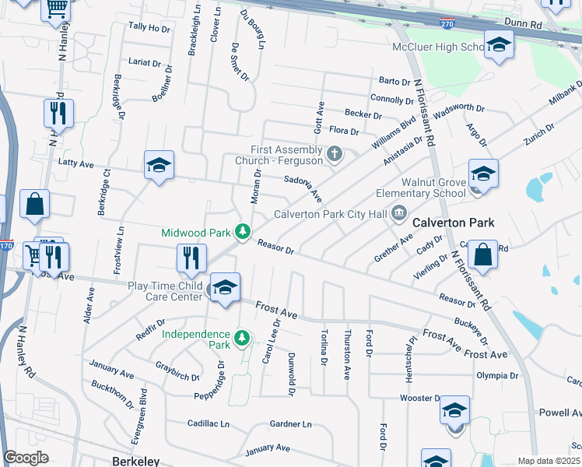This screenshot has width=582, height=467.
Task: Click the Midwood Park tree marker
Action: click(x=244, y=232)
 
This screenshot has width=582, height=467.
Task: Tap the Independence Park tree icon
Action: click(x=243, y=338)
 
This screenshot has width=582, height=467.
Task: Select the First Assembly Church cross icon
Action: click(x=335, y=153)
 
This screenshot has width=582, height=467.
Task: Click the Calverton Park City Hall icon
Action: click(x=399, y=212)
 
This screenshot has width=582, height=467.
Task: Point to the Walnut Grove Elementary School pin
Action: click(x=482, y=174)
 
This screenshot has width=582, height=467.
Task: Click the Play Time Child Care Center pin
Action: click(x=225, y=286)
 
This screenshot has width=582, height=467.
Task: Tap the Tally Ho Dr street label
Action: click(x=149, y=28)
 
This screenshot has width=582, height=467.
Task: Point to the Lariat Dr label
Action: click(x=143, y=61)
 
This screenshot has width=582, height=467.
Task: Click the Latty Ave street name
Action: click(x=76, y=163)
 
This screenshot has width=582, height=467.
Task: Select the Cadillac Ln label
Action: click(x=209, y=424)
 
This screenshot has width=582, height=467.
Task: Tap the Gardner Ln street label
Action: click(x=290, y=424)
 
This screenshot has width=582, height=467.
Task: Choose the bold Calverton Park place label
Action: click(x=453, y=223)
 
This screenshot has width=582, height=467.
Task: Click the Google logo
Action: click(x=26, y=458)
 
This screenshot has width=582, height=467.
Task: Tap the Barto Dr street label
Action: click(x=394, y=82)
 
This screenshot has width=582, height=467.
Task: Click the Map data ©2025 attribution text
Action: click(x=549, y=461)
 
